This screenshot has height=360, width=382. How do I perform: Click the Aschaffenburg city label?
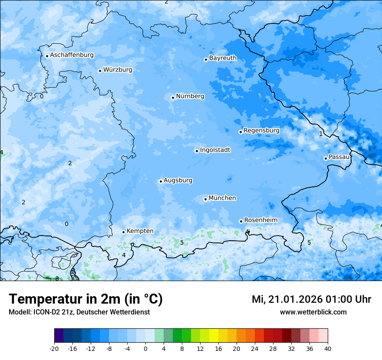(72, 55)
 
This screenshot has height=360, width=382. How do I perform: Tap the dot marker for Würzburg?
(100, 71)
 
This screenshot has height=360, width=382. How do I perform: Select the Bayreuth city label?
(223, 58)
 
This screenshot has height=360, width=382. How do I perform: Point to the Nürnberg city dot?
(173, 98)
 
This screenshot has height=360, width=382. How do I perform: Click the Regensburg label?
(261, 130)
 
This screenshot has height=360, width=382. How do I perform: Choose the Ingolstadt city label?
(215, 150)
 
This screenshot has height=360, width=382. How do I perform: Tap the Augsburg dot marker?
(161, 181)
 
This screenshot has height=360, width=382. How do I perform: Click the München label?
(222, 198)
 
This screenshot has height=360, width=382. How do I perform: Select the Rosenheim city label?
(260, 220)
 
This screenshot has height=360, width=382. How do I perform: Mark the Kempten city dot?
(123, 232)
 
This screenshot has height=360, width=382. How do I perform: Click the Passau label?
(339, 157)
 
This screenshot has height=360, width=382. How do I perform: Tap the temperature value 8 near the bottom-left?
(57, 278)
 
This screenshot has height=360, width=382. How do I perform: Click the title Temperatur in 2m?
(86, 299)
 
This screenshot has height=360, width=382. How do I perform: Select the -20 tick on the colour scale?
(54, 348)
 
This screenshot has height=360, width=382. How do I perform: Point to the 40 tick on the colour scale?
(328, 348)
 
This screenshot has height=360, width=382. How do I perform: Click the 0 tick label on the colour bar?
(145, 348)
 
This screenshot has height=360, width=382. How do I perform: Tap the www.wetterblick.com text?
(313, 312)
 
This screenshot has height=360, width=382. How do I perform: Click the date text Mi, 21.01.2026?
(286, 299)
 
